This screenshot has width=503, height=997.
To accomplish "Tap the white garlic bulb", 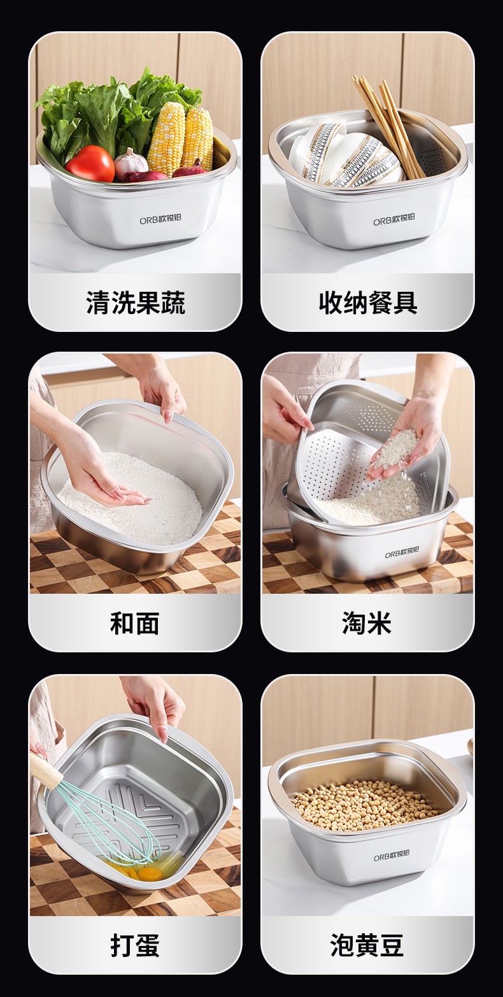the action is (x=131, y=164).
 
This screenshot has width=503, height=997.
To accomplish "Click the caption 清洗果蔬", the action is (x=135, y=303).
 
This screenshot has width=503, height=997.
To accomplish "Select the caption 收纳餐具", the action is (x=368, y=303).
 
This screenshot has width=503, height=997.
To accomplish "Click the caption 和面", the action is (x=135, y=623).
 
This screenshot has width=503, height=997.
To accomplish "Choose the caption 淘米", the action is (x=367, y=623).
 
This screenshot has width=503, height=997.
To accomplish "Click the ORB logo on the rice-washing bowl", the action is (x=402, y=553).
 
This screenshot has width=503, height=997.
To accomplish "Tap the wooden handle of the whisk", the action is (x=46, y=766).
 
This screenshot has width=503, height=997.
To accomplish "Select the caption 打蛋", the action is (x=135, y=945).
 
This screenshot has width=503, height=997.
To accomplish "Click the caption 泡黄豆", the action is (x=367, y=945).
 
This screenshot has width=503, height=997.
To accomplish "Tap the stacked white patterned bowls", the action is (x=346, y=154).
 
